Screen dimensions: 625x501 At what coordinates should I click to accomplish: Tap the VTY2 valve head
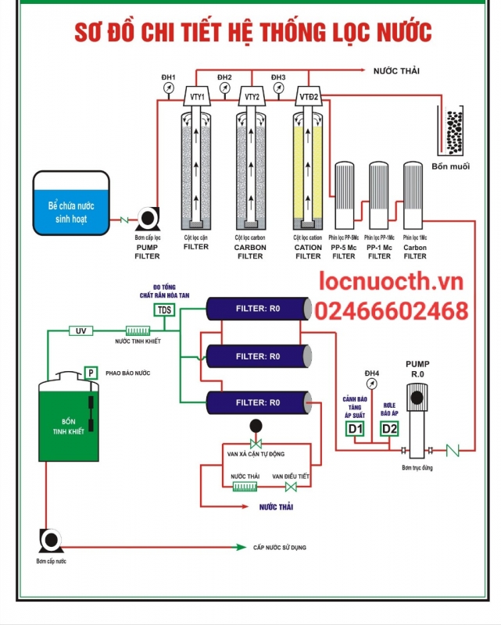tap(252, 96)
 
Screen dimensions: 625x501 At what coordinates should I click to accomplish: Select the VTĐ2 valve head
tap(308, 96)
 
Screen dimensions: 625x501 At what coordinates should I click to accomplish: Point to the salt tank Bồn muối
tap(452, 130)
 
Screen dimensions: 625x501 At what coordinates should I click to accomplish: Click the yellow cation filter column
tap(308, 168)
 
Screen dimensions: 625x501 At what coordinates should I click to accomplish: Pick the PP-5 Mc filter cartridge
tap(345, 196)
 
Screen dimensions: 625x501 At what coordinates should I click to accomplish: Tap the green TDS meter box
tap(164, 310)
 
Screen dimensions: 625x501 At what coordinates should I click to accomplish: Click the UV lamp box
tap(81, 331)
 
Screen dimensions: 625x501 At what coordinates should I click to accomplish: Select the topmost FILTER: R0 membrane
tap(259, 309)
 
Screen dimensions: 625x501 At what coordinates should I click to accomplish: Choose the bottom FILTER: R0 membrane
tap(259, 402)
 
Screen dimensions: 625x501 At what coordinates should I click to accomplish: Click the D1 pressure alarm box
tap(355, 428)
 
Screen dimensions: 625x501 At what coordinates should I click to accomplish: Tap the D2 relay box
tap(388, 428)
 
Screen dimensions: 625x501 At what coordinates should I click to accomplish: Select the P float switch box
tap(91, 373)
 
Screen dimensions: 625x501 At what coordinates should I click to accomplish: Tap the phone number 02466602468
tap(392, 312)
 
